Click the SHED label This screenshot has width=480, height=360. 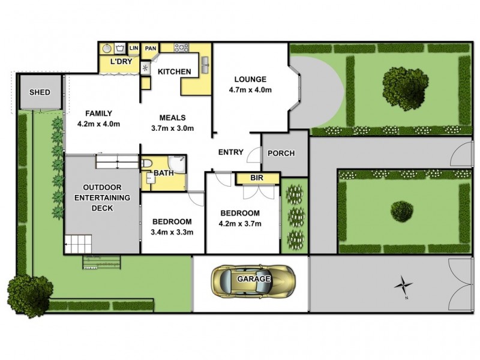(40, 92)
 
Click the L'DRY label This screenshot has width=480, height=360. (121, 61)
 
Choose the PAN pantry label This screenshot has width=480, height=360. (150, 48)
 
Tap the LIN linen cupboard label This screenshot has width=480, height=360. (133, 47)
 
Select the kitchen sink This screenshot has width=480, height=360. (205, 64)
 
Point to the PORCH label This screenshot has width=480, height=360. (281, 153)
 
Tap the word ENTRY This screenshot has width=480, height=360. (230, 152)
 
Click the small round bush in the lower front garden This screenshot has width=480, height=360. (401, 211)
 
